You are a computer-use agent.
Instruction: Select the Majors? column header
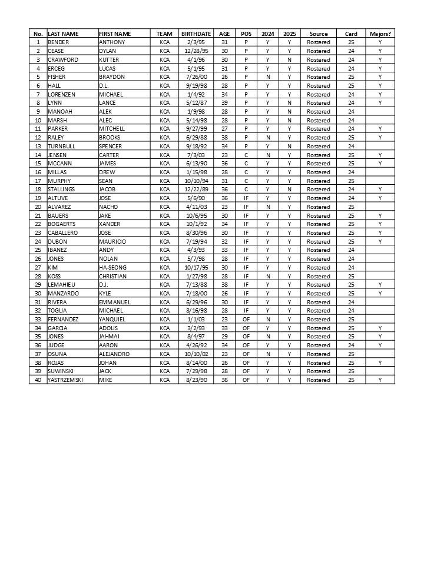tap(380, 34)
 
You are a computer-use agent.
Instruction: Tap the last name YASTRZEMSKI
tap(65, 380)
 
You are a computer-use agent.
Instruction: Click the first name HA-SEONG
tap(112, 267)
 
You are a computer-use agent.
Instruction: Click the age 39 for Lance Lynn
tap(224, 103)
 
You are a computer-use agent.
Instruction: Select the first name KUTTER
tap(109, 59)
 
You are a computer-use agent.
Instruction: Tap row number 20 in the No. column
tap(38, 207)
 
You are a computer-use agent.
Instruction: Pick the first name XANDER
tap(110, 224)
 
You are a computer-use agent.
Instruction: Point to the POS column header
tap(246, 34)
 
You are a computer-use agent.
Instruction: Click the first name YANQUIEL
tap(112, 319)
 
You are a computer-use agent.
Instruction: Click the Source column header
tap(319, 34)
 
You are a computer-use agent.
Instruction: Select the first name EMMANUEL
tap(114, 302)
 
